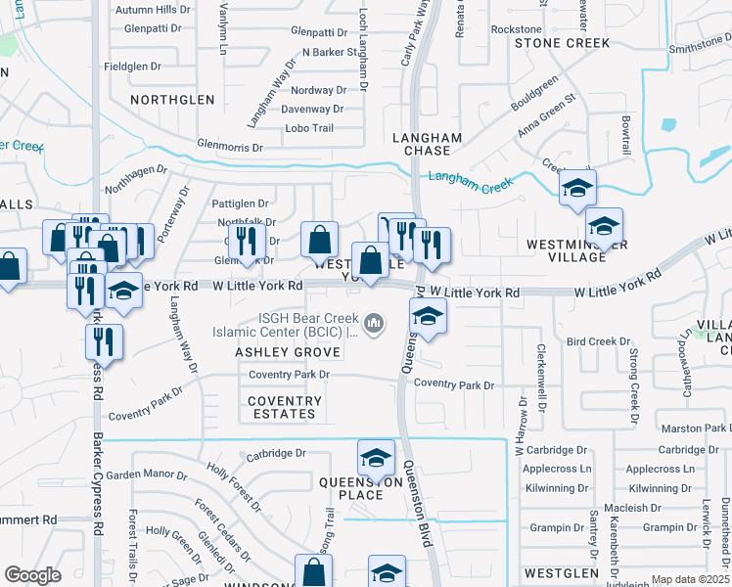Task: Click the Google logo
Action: (32, 575)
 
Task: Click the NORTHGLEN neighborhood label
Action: (172, 100)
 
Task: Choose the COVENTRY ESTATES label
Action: (284, 407)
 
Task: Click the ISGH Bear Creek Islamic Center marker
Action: (373, 322)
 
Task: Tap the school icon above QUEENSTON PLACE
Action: (376, 457)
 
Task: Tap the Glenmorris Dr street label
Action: (231, 148)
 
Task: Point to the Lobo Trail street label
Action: (309, 128)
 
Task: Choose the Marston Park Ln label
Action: (695, 429)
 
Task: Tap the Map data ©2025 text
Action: (690, 579)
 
